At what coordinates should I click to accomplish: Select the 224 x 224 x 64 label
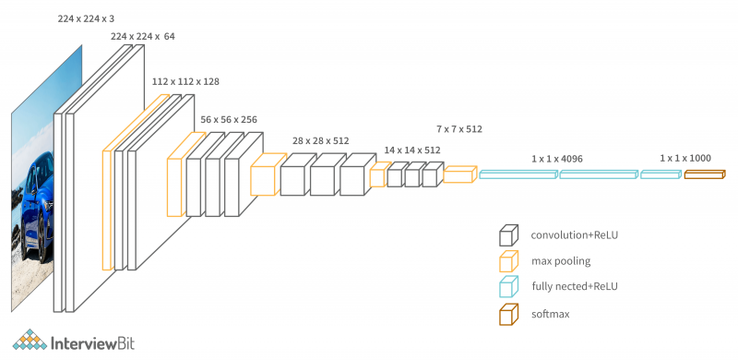(x=142, y=36)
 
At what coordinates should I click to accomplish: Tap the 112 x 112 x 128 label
(x=185, y=81)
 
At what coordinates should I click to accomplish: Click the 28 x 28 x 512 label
(x=321, y=140)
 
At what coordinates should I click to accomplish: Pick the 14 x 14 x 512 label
(x=412, y=150)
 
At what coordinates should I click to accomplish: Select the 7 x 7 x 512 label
(x=459, y=129)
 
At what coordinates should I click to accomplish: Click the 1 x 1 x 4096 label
(x=557, y=159)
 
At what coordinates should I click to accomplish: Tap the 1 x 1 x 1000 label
(x=685, y=159)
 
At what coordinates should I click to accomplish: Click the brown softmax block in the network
(x=705, y=174)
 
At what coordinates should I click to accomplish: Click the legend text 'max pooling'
(x=561, y=261)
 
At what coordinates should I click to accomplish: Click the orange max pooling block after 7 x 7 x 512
(x=458, y=174)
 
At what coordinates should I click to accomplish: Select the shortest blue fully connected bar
(x=660, y=174)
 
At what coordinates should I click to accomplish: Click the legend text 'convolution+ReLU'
(x=575, y=234)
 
